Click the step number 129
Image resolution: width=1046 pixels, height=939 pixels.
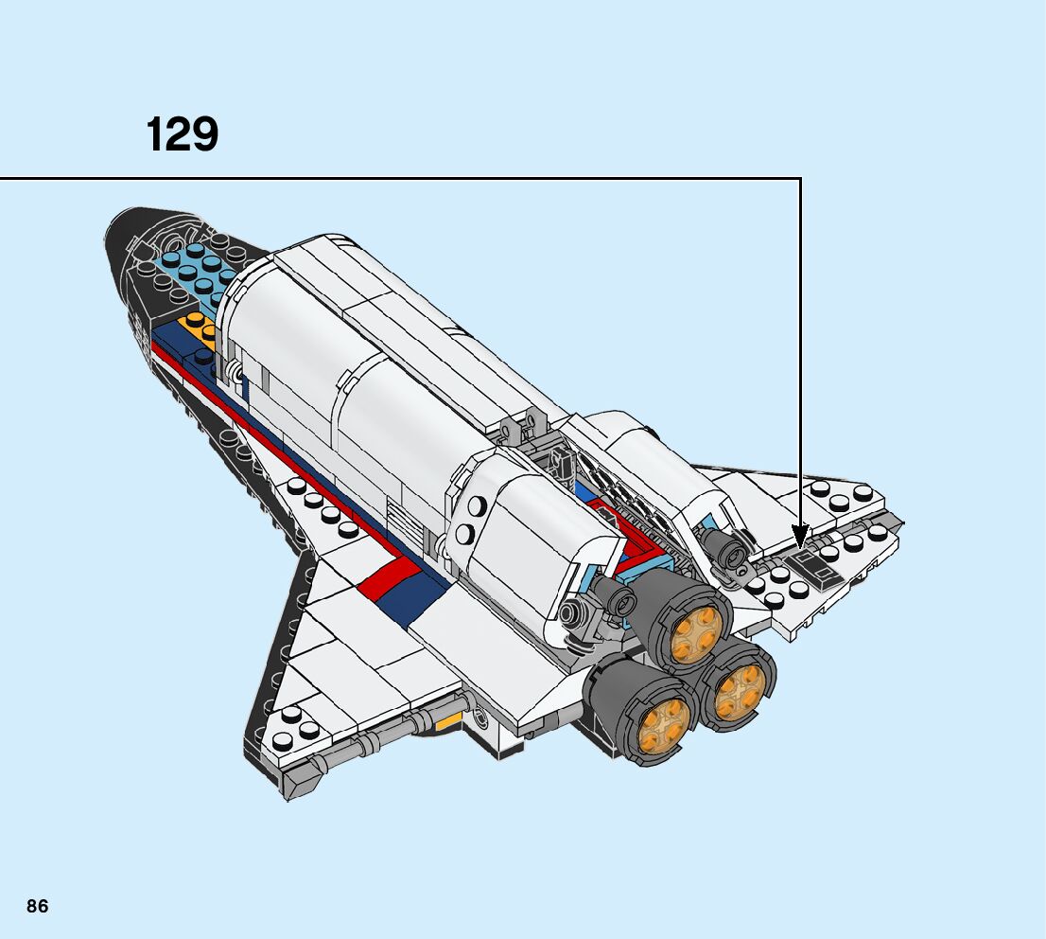tap(183, 134)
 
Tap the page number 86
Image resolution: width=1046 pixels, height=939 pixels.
tap(38, 906)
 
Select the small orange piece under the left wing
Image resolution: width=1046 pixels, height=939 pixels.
tap(447, 722)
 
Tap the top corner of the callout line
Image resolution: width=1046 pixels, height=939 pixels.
tap(800, 178)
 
